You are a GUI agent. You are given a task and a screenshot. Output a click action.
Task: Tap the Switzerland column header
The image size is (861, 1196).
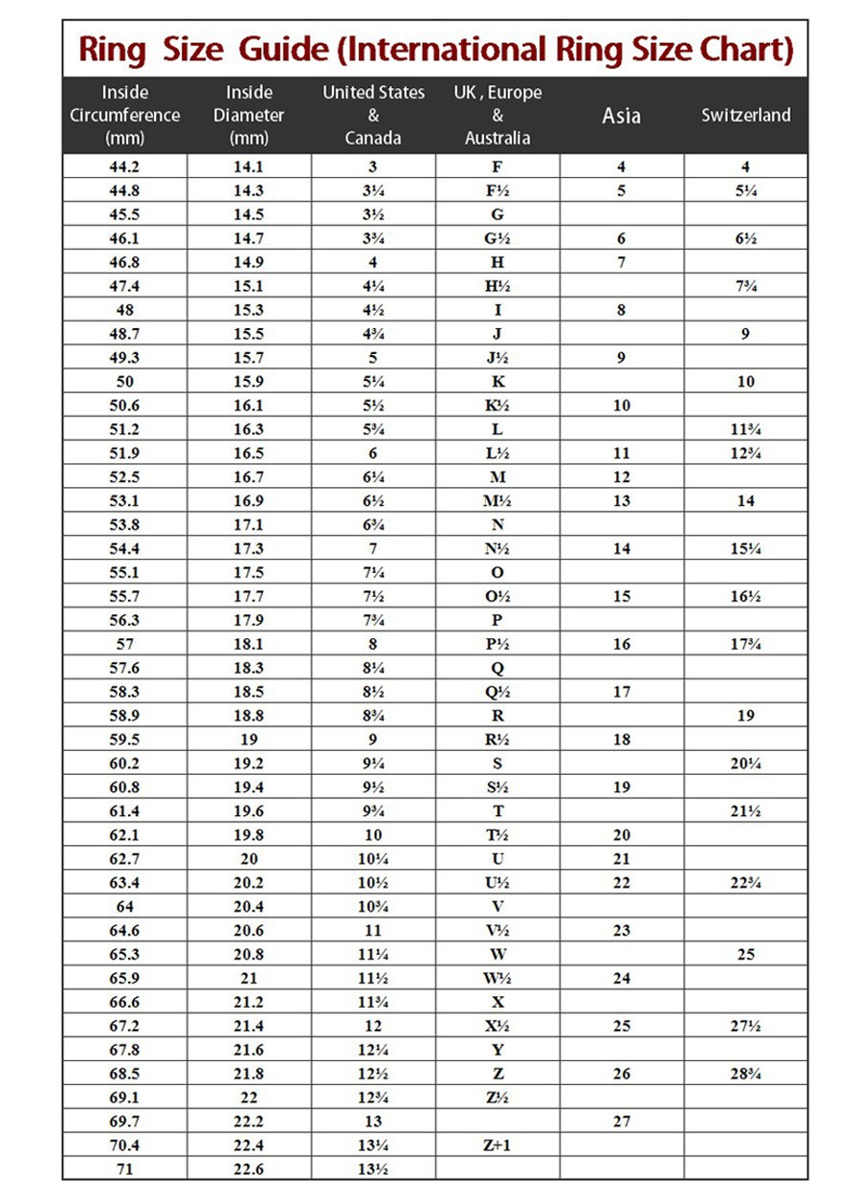tap(745, 115)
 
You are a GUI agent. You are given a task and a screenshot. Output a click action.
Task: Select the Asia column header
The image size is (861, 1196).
tap(622, 116)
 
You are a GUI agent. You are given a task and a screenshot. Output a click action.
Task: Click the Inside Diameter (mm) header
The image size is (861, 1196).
tap(249, 115)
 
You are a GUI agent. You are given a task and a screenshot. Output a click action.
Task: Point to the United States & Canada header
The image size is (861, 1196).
tap(373, 115)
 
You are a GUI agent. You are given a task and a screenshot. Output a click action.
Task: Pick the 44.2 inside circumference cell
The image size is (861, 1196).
tap(125, 166)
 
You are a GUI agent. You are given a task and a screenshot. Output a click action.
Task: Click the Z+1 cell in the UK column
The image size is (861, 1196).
tap(497, 1144)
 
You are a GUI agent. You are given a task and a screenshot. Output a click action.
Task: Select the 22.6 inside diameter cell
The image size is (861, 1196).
tap(249, 1168)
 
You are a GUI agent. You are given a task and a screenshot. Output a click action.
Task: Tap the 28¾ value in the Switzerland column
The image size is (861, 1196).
tap(745, 1073)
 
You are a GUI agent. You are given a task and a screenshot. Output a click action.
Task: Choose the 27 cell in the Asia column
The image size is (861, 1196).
tap(622, 1120)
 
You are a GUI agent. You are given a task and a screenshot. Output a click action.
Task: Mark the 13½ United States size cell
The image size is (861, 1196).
tap(373, 1168)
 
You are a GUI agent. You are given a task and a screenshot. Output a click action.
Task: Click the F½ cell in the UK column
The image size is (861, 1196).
tap(497, 190)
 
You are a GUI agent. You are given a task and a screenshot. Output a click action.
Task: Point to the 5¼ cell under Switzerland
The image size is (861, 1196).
tap(745, 190)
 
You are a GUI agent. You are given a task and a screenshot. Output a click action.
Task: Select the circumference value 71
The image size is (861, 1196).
tap(125, 1168)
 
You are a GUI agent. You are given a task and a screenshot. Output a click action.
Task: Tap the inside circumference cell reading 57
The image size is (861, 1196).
tap(125, 644)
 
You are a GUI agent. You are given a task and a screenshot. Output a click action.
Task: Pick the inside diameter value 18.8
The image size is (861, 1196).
tap(249, 716)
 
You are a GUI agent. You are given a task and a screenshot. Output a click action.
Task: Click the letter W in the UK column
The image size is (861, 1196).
tap(497, 954)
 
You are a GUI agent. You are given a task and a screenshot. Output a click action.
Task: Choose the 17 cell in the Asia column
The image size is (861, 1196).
tap(622, 692)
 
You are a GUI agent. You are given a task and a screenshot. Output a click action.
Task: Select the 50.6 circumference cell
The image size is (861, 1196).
tap(125, 406)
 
